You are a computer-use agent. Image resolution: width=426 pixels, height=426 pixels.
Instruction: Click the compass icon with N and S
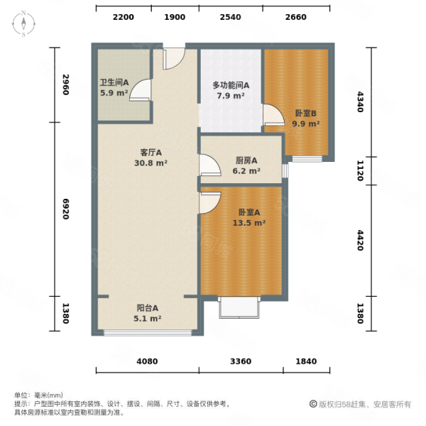point(23,23)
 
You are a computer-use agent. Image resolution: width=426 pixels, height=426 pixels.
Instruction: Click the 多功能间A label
point(230,85)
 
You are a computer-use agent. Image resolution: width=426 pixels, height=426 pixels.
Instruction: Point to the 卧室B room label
point(306,113)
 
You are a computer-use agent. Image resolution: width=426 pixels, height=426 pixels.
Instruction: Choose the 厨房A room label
point(246,160)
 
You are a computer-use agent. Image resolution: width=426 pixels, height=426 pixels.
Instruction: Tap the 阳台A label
point(148,308)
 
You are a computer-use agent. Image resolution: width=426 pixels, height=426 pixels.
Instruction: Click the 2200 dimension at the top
point(123,18)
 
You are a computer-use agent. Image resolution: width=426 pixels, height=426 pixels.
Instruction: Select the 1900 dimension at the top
point(175,18)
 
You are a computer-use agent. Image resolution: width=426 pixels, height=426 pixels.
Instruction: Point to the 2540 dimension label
point(230,18)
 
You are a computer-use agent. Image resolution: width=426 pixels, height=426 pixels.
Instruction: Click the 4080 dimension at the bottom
point(148,361)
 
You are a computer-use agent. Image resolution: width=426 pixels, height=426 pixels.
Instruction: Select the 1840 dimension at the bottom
point(306,361)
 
